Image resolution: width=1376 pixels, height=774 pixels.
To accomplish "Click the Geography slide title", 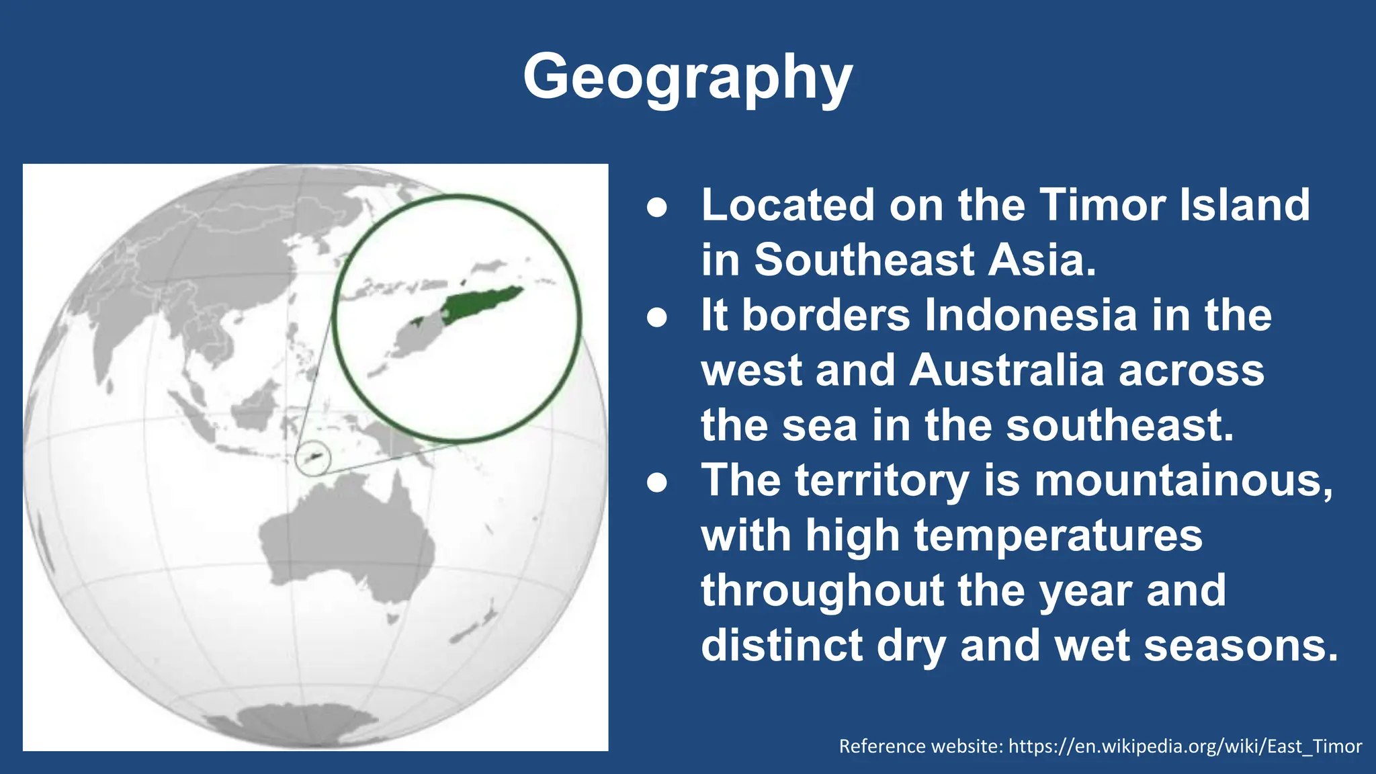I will (x=687, y=77).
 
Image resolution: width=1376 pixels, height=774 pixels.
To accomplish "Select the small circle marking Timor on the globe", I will (x=313, y=459).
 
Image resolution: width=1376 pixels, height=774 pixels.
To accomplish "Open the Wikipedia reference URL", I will (x=1185, y=746).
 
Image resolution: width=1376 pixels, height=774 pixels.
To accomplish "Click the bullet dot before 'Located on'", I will (x=657, y=208).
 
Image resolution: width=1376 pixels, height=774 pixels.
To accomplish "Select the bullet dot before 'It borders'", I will (x=657, y=318).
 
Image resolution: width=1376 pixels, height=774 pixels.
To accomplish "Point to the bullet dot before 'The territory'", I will (x=657, y=483).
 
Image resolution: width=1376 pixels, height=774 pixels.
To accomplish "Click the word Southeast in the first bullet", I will (x=863, y=260).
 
